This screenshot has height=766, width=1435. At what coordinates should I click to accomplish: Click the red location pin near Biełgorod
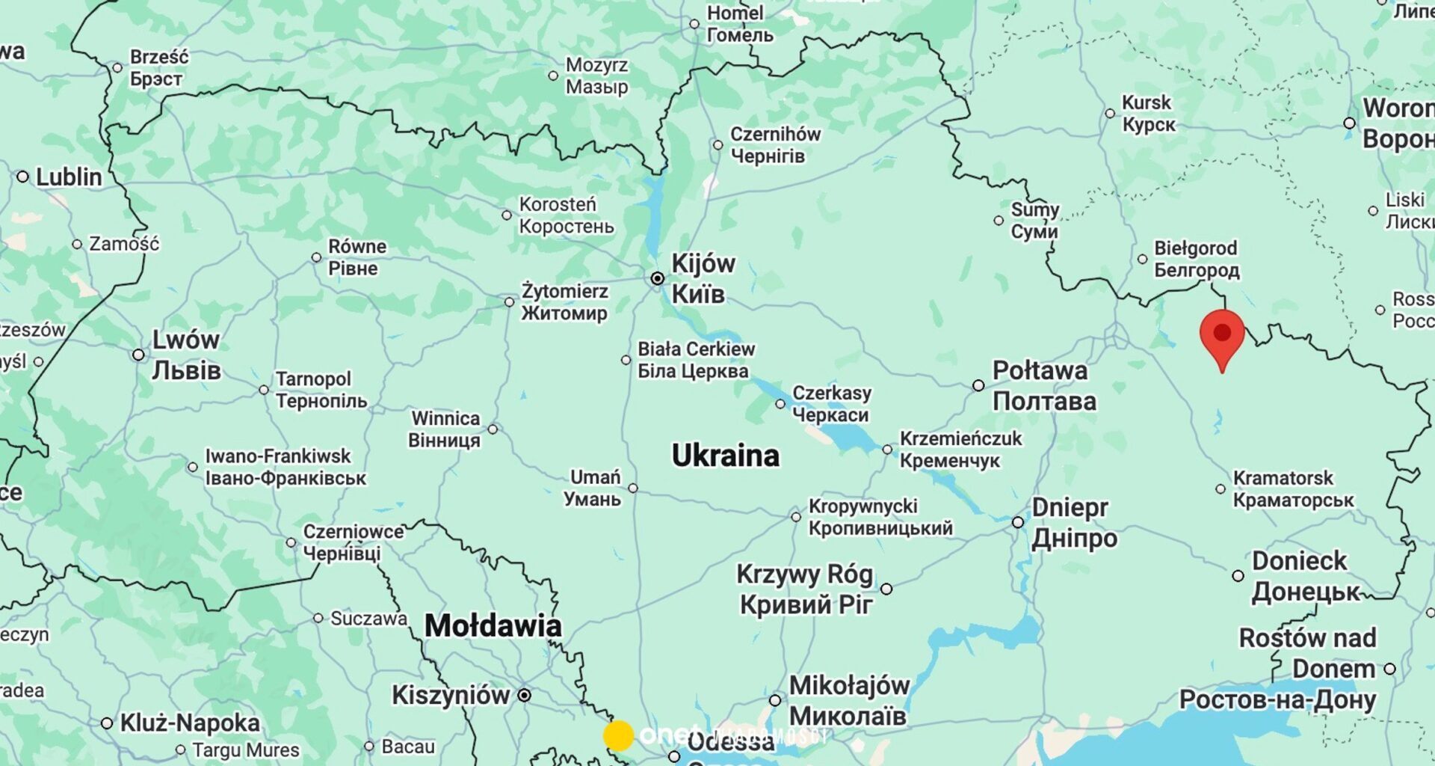tap(1222, 336)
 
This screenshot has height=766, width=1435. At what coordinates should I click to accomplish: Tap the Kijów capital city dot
tap(657, 278)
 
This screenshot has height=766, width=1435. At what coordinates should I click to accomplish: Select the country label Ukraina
tap(725, 456)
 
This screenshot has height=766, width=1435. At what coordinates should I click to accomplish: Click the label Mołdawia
tap(493, 626)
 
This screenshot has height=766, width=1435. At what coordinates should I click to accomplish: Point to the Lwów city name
tap(185, 340)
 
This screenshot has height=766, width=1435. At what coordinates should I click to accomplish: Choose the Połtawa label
tap(1040, 371)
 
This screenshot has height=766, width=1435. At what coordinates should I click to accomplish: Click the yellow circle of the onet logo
tap(619, 735)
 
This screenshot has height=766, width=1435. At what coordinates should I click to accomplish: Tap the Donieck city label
tap(1299, 561)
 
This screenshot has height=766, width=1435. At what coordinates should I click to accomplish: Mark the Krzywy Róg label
tap(804, 574)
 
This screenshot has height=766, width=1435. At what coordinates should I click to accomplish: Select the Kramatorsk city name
tap(1283, 478)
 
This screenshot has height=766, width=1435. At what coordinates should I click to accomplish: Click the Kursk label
tap(1147, 103)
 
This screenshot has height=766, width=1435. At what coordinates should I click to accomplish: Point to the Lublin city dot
tap(22, 177)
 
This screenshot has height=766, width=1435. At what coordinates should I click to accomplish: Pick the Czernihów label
tap(775, 135)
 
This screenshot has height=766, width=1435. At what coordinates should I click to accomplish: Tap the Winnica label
tap(445, 419)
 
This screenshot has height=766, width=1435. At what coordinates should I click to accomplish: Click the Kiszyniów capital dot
tap(525, 695)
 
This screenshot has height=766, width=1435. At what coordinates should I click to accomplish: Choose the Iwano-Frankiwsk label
tap(278, 456)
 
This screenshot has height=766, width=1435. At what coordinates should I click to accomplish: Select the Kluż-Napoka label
tap(190, 723)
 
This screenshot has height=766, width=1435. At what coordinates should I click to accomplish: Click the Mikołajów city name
tap(849, 686)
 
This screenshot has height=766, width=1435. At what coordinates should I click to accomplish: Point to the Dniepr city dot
tap(1018, 522)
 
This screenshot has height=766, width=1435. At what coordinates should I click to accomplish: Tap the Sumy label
tap(1034, 210)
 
